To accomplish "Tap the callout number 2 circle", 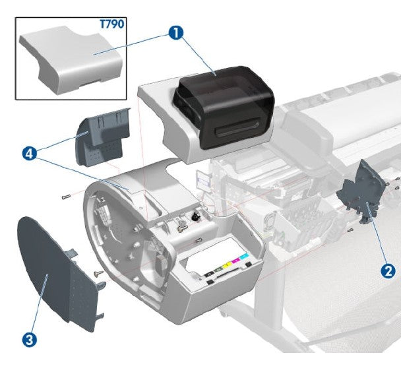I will (x=388, y=270).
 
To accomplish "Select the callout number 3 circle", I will (x=28, y=340).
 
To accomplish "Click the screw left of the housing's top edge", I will (x=64, y=196).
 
